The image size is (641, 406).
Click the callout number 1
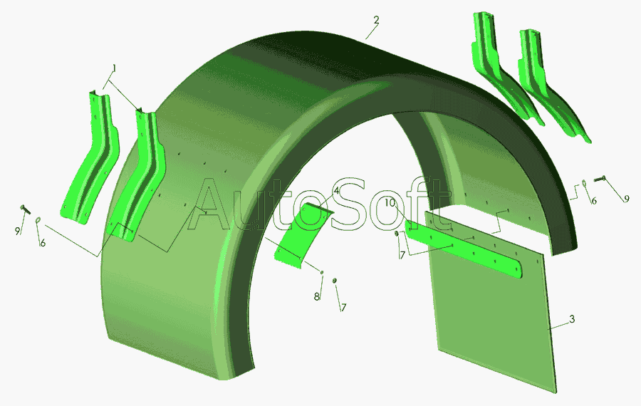tap(115, 68)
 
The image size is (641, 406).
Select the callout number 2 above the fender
tap(376, 20)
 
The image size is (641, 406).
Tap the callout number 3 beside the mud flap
tap(572, 318)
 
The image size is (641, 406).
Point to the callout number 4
tap(336, 191)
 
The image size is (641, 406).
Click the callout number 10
tap(390, 202)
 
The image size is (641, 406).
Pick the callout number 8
tap(316, 296)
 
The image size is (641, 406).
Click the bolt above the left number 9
tap(25, 209)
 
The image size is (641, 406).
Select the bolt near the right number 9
tap(599, 178)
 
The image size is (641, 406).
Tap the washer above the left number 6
tap(38, 220)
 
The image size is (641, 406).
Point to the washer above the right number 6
tap(584, 183)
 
